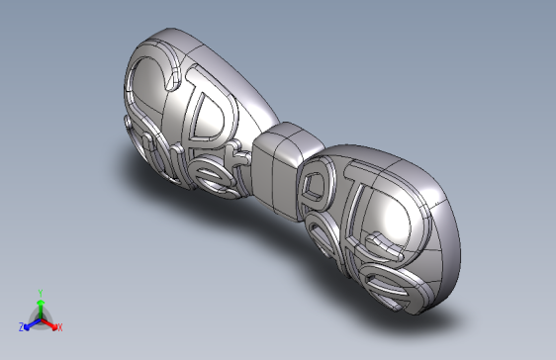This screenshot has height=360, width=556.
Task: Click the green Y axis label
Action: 39,292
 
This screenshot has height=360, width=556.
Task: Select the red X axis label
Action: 59,326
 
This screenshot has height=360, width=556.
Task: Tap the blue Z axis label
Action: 21,326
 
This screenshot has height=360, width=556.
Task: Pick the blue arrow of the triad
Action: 30,322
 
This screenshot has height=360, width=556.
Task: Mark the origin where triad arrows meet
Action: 40,317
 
